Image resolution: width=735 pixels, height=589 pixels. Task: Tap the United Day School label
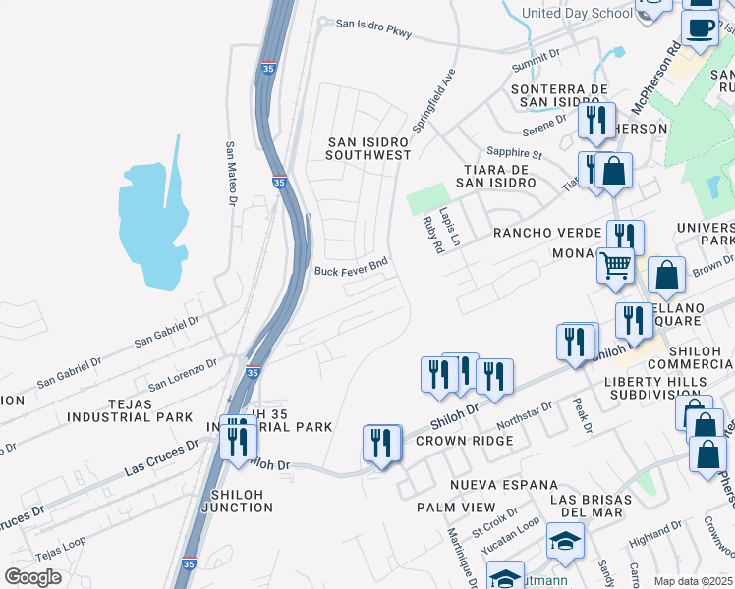click(577, 13)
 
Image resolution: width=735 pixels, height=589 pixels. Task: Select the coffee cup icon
click(701, 29)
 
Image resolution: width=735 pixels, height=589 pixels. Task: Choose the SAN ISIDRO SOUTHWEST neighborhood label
click(368, 148)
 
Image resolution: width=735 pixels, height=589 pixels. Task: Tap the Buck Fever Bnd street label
click(351, 267)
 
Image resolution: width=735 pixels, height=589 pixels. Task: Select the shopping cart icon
click(615, 264)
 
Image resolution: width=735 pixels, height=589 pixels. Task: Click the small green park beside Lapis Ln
click(425, 201)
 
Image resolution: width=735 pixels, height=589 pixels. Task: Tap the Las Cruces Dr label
click(161, 457)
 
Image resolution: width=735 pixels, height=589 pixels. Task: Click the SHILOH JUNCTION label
click(236, 500)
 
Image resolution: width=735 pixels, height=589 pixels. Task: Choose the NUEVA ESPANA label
click(503, 485)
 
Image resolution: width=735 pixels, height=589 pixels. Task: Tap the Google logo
click(33, 576)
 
